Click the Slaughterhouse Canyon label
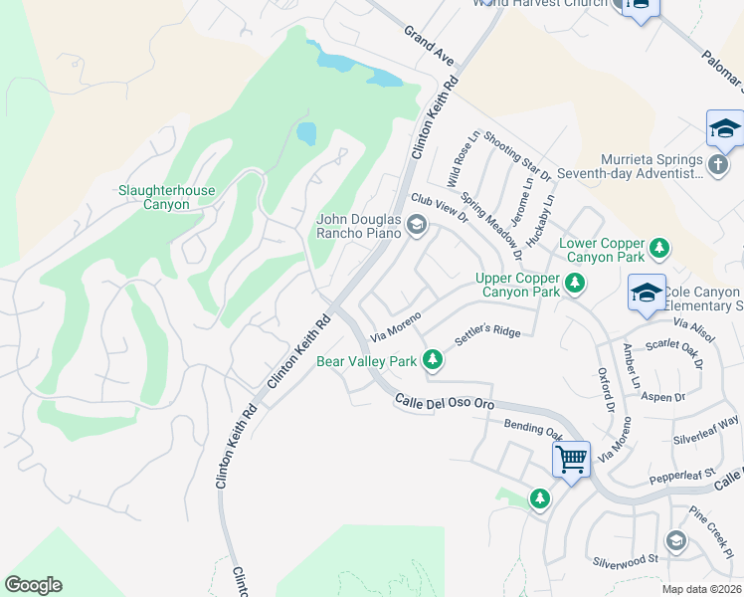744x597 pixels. coord(153,197)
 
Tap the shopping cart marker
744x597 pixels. coord(571,461)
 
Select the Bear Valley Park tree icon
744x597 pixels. coord(432,359)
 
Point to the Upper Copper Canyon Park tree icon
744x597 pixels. coord(574,285)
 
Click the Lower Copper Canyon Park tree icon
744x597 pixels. coord(657,247)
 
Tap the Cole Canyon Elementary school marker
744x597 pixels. coord(646,294)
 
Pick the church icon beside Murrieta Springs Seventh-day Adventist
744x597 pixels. coord(719,165)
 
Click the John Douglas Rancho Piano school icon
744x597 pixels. coord(417,227)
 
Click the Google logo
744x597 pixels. coord(33,585)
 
